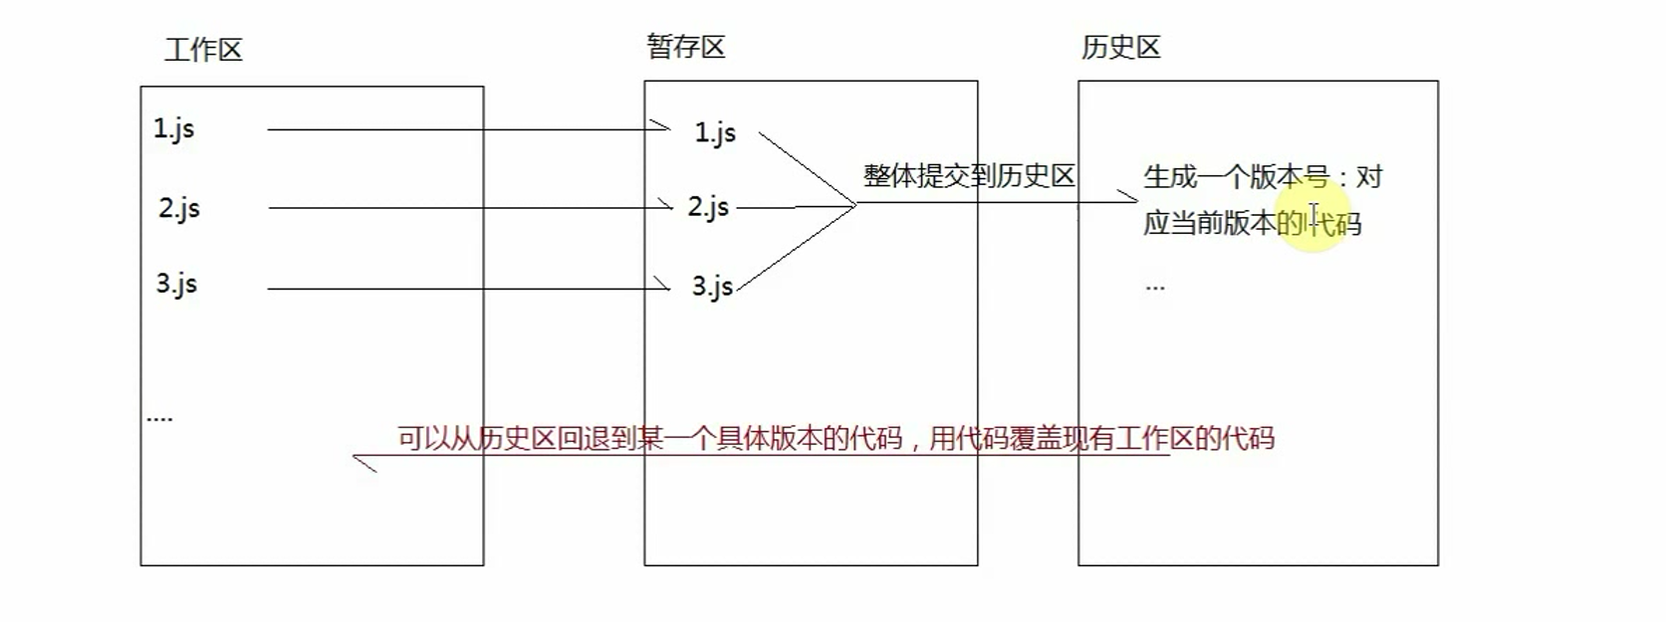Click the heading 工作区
click(203, 50)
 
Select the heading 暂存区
click(685, 47)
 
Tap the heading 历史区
click(1121, 47)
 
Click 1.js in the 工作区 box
click(173, 129)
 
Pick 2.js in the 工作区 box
click(179, 208)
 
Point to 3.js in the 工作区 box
click(176, 285)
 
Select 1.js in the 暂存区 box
click(715, 132)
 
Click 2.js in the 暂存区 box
click(708, 207)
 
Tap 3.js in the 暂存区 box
click(712, 287)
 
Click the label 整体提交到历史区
click(968, 176)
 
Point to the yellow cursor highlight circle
click(1314, 215)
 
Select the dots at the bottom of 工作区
click(159, 419)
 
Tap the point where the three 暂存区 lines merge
click(855, 205)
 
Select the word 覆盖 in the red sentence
click(1036, 439)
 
